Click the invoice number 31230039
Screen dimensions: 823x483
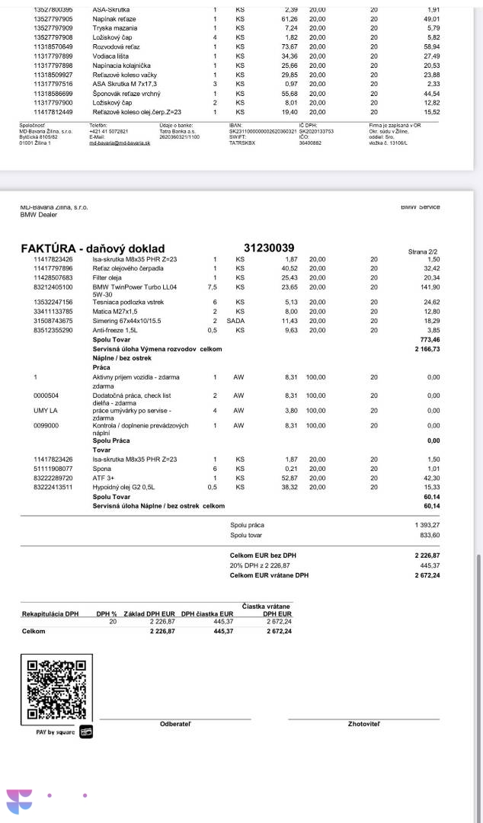[269, 248]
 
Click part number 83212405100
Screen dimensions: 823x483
[53, 287]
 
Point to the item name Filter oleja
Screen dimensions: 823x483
[112, 278]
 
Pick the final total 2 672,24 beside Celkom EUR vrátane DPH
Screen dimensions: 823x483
[427, 575]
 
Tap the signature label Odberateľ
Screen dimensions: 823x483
[175, 723]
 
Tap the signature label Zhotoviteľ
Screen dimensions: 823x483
[363, 723]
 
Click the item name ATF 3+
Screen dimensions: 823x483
[102, 478]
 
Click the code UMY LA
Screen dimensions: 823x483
[46, 411]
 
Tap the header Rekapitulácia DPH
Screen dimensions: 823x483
[50, 613]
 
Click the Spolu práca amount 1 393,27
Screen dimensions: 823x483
[427, 526]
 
